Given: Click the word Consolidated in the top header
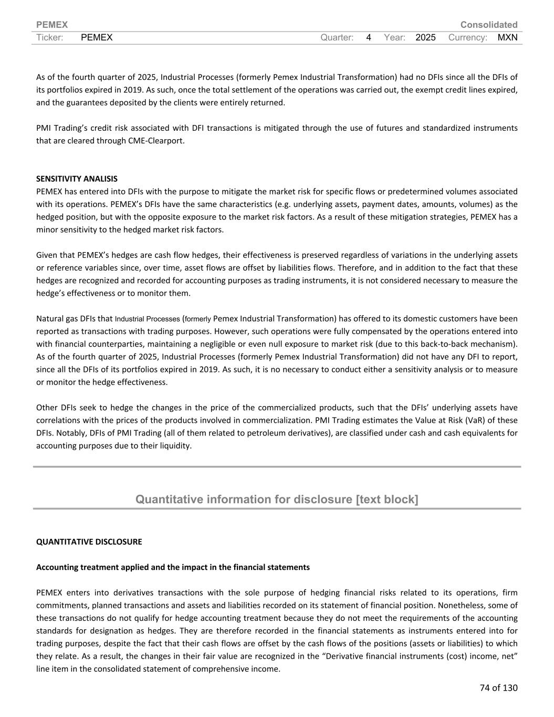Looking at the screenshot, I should pyautogui.click(x=488, y=25).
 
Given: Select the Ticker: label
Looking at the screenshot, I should pyautogui.click(x=50, y=37).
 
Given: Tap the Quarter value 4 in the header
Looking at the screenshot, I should pyautogui.click(x=369, y=37).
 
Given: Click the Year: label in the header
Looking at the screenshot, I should pyautogui.click(x=394, y=37).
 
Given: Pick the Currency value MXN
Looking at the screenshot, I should pyautogui.click(x=507, y=37).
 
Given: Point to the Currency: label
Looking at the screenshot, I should pyautogui.click(x=468, y=37).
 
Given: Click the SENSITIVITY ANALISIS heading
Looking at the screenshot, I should pyautogui.click(x=77, y=179).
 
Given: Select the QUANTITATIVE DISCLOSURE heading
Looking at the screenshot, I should pyautogui.click(x=89, y=542).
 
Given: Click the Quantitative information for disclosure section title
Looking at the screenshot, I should pyautogui.click(x=277, y=499).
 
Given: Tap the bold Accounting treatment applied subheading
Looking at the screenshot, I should pyautogui.click(x=173, y=567).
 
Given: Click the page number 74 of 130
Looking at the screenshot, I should pyautogui.click(x=498, y=688).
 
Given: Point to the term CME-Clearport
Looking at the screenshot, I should pyautogui.click(x=156, y=141).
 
